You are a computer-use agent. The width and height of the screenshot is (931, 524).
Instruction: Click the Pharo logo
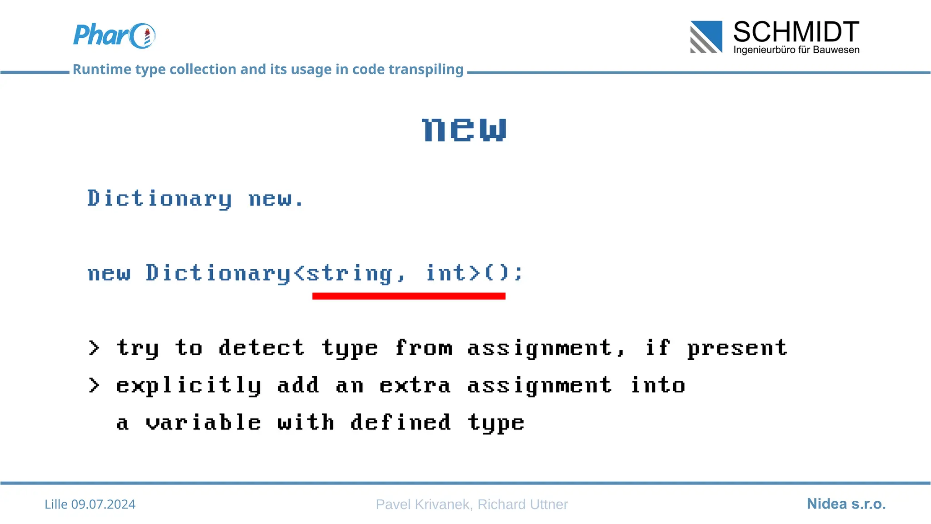114,35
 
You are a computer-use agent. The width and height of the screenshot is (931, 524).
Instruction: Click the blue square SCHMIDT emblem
706,37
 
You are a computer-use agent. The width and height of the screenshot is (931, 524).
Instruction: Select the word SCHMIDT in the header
796,32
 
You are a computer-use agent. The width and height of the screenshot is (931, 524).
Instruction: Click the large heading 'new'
464,129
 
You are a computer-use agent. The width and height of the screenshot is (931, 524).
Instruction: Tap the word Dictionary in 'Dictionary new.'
160,199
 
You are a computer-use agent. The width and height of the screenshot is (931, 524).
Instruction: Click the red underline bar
409,296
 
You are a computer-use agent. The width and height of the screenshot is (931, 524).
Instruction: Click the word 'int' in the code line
446,273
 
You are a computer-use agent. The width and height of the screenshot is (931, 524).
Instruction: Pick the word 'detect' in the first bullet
261,348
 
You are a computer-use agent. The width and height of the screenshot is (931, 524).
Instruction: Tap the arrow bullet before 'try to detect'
94,348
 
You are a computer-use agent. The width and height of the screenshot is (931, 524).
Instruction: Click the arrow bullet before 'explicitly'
94,385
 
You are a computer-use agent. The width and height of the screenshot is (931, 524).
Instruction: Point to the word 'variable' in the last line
203,423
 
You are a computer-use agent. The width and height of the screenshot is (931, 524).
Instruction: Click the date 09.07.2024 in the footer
103,504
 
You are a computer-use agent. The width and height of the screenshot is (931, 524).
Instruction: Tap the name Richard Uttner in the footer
522,504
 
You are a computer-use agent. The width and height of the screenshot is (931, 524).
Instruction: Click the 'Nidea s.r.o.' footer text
846,504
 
